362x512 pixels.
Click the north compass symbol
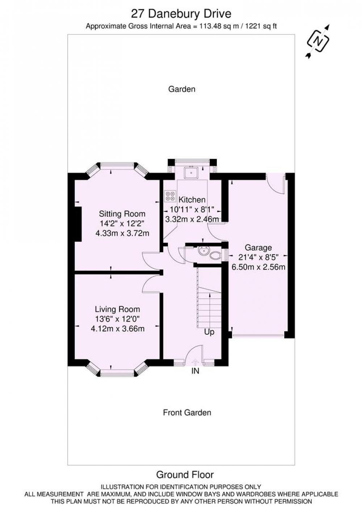pyautogui.click(x=318, y=41)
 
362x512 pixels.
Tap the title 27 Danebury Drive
pyautogui.click(x=181, y=14)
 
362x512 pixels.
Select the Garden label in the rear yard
pyautogui.click(x=182, y=89)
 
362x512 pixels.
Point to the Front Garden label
pyautogui.click(x=187, y=412)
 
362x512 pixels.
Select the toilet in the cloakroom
pyautogui.click(x=215, y=255)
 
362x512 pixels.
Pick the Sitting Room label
pyautogui.click(x=122, y=214)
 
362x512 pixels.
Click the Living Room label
pyautogui.click(x=117, y=309)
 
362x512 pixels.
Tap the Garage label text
pyautogui.click(x=258, y=248)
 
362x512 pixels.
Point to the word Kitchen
pyautogui.click(x=192, y=200)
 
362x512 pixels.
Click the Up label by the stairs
pyautogui.click(x=209, y=332)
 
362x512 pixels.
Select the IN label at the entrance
pyautogui.click(x=195, y=371)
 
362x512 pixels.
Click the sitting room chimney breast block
pyautogui.click(x=78, y=224)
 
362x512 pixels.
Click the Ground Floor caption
pyautogui.click(x=185, y=475)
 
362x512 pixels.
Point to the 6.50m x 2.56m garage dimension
pyautogui.click(x=258, y=267)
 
